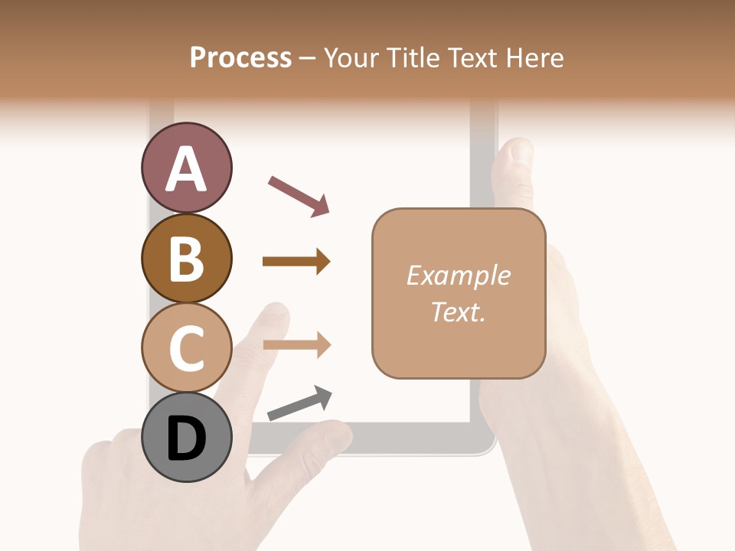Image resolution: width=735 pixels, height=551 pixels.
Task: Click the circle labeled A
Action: (x=186, y=168)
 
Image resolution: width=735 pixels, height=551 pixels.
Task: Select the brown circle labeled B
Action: (x=186, y=258)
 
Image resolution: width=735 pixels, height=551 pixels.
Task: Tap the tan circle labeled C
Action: (x=186, y=347)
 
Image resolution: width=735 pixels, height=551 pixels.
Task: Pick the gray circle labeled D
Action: (x=186, y=437)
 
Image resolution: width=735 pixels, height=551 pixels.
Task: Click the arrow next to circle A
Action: (x=299, y=196)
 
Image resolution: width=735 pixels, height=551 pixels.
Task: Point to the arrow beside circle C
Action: (x=296, y=345)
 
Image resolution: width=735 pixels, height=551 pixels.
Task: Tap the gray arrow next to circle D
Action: (x=299, y=403)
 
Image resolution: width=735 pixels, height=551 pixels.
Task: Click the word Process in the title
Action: (x=240, y=58)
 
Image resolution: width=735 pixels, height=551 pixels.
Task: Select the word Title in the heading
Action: (x=414, y=58)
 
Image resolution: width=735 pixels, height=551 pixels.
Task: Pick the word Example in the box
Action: (x=458, y=276)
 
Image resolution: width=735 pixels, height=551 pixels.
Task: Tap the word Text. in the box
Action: (x=458, y=312)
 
